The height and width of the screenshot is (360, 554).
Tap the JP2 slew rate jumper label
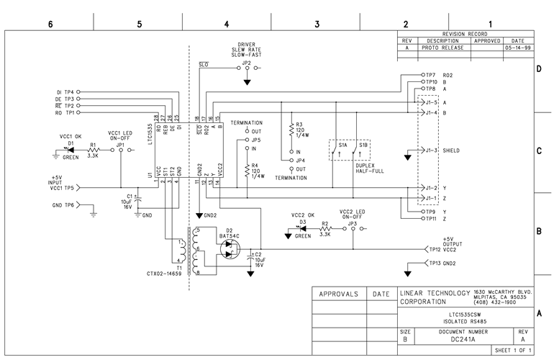[246, 63]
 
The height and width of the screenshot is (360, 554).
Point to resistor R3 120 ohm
[291, 130]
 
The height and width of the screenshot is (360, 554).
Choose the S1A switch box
[342, 150]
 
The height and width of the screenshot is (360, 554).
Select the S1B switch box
[364, 150]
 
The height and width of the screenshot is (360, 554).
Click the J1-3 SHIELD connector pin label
[432, 151]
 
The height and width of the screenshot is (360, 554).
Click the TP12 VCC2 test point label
[443, 249]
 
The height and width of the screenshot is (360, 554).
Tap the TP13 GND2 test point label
[443, 264]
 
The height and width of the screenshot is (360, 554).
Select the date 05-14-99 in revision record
[517, 48]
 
